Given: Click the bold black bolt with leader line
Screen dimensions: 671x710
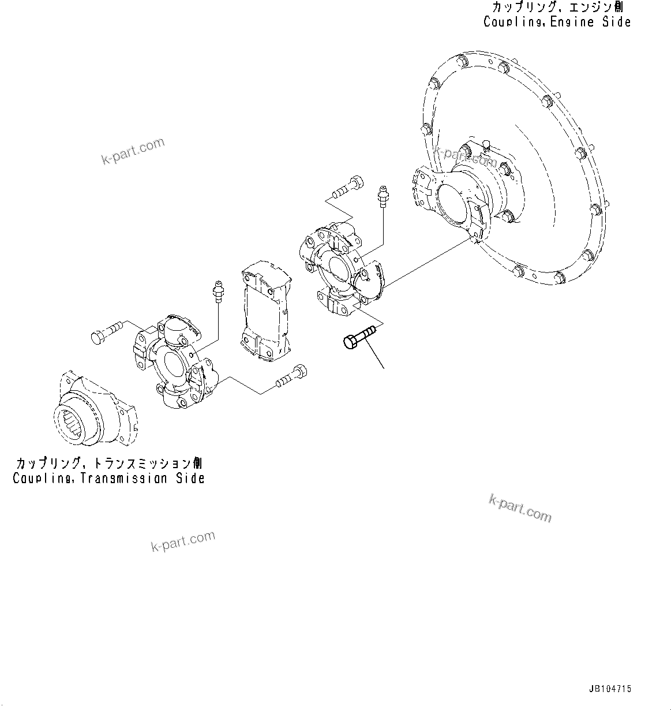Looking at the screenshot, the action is click(x=358, y=336).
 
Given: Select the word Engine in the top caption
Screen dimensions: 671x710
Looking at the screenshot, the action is click(x=558, y=22).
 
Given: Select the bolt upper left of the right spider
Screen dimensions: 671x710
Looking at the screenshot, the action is click(x=347, y=186).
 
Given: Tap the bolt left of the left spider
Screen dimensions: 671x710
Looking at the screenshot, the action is click(x=106, y=332).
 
